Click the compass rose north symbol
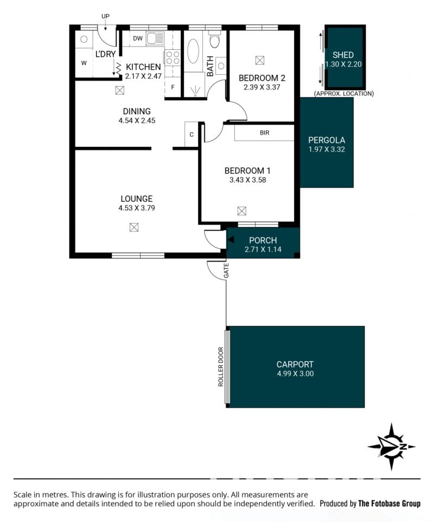(x=392, y=447)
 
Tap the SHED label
(x=343, y=55)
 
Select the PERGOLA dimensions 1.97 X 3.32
(x=327, y=150)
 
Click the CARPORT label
(x=295, y=364)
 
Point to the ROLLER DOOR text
(x=220, y=367)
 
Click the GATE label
(x=226, y=270)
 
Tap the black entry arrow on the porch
(x=231, y=240)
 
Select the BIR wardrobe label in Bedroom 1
(x=264, y=133)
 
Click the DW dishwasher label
(x=138, y=38)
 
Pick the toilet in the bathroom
(x=214, y=40)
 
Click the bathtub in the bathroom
(x=193, y=51)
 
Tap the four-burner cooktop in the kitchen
(x=172, y=57)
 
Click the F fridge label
(x=173, y=88)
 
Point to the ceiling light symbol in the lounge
(x=133, y=227)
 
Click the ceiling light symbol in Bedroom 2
(x=259, y=60)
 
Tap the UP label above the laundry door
(x=105, y=16)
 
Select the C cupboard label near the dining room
(x=192, y=134)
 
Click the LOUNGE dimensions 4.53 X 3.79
(x=137, y=208)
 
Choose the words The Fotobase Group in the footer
(x=390, y=504)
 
